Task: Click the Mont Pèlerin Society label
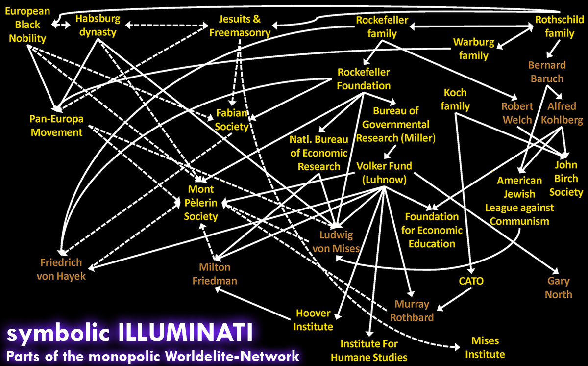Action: tap(201, 203)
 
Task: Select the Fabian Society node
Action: tap(231, 120)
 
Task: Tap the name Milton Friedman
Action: tap(215, 274)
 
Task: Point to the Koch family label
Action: tap(455, 99)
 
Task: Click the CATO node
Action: tap(471, 281)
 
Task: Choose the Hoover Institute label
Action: tap(313, 320)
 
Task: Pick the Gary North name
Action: tap(558, 288)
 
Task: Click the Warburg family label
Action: tap(474, 49)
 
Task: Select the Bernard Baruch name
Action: tap(547, 72)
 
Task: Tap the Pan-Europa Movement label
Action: tap(56, 126)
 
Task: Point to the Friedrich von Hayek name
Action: tap(61, 269)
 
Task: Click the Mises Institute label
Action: tap(485, 347)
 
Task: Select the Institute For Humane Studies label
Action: tap(369, 350)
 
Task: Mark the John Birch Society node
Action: tap(566, 179)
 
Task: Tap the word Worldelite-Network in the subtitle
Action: tap(232, 357)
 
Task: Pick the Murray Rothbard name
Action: tap(412, 311)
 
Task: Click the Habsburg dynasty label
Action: tap(98, 26)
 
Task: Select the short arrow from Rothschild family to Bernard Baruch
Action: tap(553, 49)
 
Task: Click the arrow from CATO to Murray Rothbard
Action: tap(454, 299)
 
